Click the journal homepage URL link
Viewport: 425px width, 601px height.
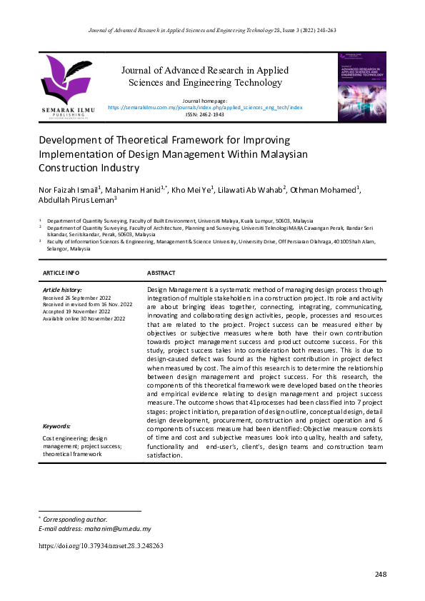click(209, 107)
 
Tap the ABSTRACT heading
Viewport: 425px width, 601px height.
click(161, 273)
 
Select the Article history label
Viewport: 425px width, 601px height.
click(63, 290)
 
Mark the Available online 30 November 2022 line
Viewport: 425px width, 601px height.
click(84, 318)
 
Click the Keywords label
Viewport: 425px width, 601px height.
click(57, 426)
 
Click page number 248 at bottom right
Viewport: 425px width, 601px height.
click(381, 575)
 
